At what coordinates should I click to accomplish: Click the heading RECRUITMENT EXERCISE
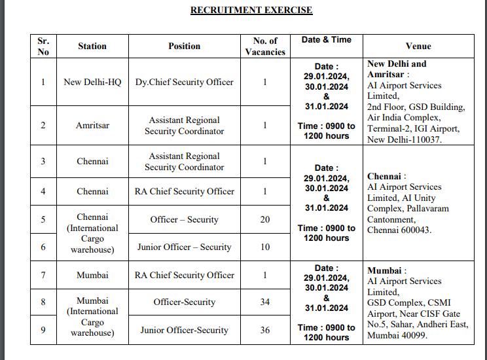pos(251,10)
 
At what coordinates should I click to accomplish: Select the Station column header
pos(92,46)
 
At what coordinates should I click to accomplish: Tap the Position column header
pos(184,46)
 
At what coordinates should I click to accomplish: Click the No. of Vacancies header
pos(265,46)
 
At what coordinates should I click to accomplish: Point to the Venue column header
pos(418,46)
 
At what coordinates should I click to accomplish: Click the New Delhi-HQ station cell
pos(92,82)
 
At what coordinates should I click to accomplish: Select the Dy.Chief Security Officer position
pos(184,82)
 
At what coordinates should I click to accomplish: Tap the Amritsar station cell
pos(92,125)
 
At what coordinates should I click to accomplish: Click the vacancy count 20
pos(265,219)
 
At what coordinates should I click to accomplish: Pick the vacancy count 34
pos(265,302)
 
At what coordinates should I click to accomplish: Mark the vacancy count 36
pos(265,330)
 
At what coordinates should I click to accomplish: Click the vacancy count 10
pos(265,247)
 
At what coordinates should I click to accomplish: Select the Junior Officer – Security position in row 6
pos(184,247)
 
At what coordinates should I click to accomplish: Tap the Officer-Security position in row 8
pos(184,302)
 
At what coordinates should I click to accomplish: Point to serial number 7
pos(43,275)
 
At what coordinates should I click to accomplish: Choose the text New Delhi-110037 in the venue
pos(405,139)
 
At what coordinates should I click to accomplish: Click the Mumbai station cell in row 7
pos(92,275)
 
